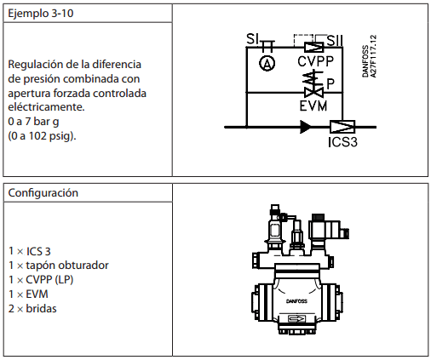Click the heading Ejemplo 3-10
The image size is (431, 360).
(x=41, y=14)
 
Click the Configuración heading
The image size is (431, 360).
(x=43, y=193)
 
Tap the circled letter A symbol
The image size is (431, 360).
(x=267, y=63)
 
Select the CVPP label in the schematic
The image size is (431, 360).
(x=315, y=61)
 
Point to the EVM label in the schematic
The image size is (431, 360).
(x=313, y=106)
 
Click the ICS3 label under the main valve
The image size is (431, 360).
(x=342, y=142)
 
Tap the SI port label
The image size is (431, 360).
(x=252, y=39)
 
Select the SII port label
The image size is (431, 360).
(x=335, y=40)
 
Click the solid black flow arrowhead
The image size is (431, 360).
(x=306, y=127)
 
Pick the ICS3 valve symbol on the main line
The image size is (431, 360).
(x=342, y=127)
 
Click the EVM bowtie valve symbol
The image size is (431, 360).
(x=313, y=93)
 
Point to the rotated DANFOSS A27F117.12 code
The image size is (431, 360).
(x=369, y=56)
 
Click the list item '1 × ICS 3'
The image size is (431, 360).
(x=30, y=251)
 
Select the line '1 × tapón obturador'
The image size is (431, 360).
(x=59, y=266)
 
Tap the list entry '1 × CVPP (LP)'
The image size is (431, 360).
(x=41, y=280)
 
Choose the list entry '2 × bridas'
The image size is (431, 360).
(x=32, y=308)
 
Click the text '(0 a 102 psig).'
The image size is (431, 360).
(x=42, y=136)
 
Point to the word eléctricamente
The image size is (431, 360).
(x=46, y=107)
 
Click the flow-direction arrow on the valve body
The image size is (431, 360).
(x=296, y=319)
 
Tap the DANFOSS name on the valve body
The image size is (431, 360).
(x=296, y=301)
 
